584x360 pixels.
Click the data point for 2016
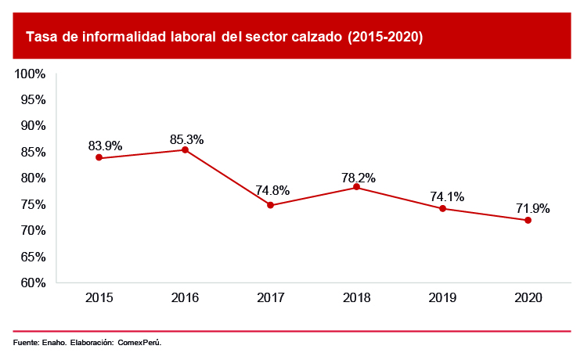(x=185, y=149)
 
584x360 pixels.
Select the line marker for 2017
(x=270, y=205)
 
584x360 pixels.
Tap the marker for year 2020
(x=528, y=220)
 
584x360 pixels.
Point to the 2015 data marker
(x=99, y=157)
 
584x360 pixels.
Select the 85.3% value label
(x=186, y=139)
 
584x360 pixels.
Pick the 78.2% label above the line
(x=359, y=178)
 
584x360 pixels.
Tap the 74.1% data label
(x=444, y=196)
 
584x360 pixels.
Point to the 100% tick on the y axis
(x=31, y=74)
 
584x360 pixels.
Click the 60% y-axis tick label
(x=34, y=283)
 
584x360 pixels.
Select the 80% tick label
(x=34, y=178)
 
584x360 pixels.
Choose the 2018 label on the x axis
(x=356, y=298)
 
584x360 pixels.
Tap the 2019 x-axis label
(x=442, y=298)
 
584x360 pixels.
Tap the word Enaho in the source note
(x=55, y=342)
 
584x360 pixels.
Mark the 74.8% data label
(x=272, y=190)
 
